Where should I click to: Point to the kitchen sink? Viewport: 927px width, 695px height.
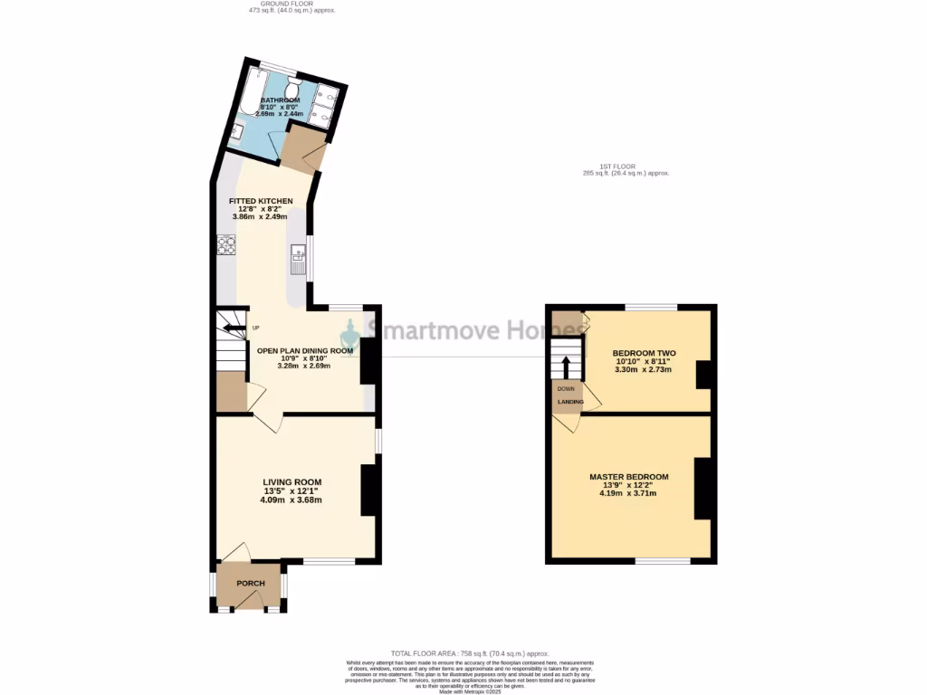click(296, 263)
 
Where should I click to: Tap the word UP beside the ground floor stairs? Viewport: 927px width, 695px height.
click(256, 328)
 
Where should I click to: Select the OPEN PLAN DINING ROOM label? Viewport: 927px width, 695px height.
click(304, 350)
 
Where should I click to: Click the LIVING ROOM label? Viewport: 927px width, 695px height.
click(291, 482)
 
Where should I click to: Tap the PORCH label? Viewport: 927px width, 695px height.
click(250, 584)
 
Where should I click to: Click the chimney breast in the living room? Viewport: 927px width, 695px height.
click(370, 490)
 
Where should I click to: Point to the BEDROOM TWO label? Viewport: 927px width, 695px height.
click(645, 353)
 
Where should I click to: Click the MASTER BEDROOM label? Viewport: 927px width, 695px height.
click(628, 477)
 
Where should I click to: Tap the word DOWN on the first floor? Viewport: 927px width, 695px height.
click(566, 388)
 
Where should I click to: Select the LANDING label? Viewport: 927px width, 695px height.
click(569, 402)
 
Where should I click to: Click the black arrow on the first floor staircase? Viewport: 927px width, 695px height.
click(567, 365)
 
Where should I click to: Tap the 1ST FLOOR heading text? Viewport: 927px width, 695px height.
click(623, 167)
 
